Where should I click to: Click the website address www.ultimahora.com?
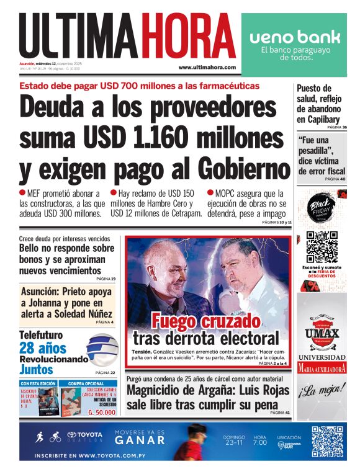tap(207, 67)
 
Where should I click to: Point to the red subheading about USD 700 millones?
tap(140, 86)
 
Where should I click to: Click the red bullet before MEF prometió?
tap(23, 193)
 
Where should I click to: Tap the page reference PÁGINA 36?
tap(336, 127)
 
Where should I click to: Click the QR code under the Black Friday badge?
tap(322, 246)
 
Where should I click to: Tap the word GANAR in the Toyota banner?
tap(140, 440)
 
